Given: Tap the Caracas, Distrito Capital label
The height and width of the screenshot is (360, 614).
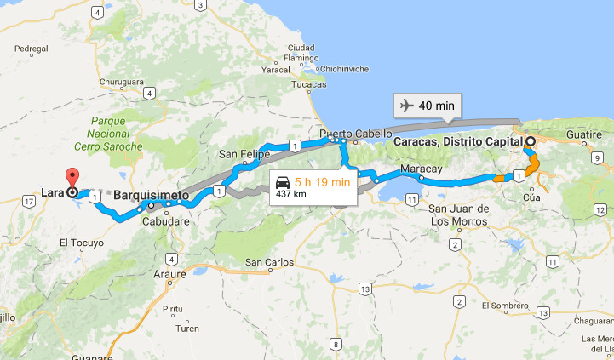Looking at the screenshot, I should pyautogui.click(x=457, y=141).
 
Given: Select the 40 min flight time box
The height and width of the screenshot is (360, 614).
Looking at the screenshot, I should pyautogui.click(x=428, y=106).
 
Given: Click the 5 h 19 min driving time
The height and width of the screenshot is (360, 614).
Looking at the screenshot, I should pyautogui.click(x=322, y=180).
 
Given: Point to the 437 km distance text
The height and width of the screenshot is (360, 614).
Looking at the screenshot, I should pyautogui.click(x=290, y=194).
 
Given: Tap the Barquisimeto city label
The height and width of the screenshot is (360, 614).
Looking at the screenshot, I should pyautogui.click(x=151, y=196).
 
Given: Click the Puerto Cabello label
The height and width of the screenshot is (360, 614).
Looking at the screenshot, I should pyautogui.click(x=348, y=134).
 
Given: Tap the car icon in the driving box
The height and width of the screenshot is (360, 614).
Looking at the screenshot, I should pyautogui.click(x=283, y=180).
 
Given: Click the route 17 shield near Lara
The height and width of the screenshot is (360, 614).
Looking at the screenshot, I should pyautogui.click(x=29, y=201).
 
